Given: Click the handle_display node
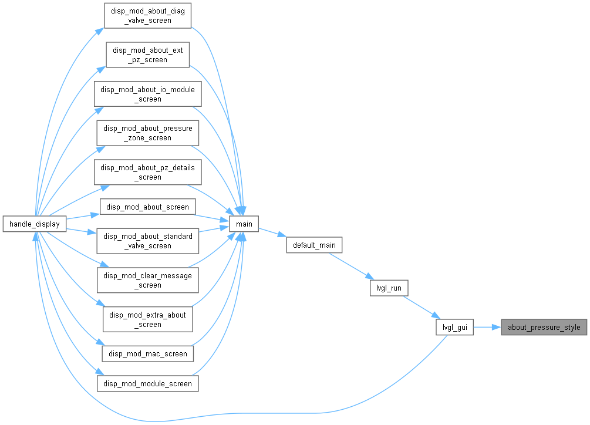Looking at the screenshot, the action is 35,224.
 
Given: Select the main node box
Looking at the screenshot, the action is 244,224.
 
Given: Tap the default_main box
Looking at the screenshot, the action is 314,245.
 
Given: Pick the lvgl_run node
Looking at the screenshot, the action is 389,288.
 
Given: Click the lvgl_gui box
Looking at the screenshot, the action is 455,327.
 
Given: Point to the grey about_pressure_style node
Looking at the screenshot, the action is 544,327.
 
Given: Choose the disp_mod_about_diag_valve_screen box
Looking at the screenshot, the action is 148,15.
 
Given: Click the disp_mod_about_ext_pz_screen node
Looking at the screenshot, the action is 148,55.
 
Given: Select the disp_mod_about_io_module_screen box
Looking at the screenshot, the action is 147,94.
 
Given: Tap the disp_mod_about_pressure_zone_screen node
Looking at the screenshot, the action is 147,133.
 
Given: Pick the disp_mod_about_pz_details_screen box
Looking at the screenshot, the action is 147,172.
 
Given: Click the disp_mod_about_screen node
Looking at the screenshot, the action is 147,207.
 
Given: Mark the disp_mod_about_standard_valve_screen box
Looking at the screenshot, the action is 147,241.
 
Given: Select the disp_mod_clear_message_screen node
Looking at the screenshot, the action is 147,280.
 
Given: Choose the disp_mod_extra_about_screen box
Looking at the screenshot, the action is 147,319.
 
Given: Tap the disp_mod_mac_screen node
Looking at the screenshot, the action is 147,353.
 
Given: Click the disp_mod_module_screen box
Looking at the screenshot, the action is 147,383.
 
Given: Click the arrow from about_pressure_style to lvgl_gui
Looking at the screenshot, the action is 487,327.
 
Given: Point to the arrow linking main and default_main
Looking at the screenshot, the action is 272,232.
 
